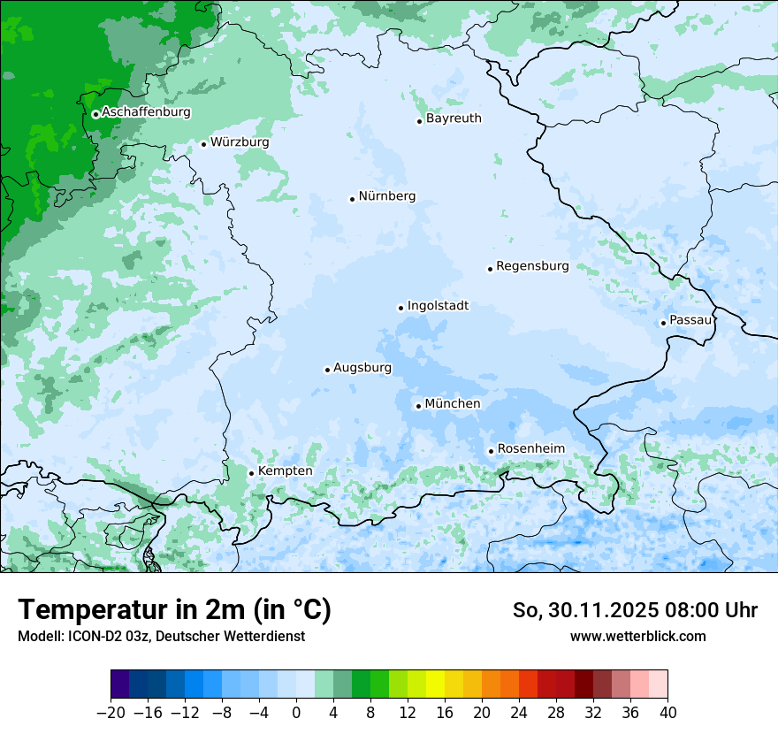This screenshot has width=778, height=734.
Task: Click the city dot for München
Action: point(418,406)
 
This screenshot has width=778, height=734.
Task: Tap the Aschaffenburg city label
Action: point(146,112)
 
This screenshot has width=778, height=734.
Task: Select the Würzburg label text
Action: point(240,142)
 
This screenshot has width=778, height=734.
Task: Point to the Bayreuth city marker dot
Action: point(419,121)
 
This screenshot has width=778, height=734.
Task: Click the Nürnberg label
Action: point(386,196)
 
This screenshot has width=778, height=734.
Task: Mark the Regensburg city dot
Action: point(490,269)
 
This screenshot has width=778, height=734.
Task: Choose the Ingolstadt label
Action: point(438,306)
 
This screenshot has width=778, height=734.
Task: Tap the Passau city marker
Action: point(663,323)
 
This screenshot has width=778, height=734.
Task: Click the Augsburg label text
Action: point(362,368)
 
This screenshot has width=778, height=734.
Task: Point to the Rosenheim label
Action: point(530,449)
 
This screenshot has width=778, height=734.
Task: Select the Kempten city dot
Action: point(251,473)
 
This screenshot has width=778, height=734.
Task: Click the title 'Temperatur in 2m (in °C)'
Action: point(174,610)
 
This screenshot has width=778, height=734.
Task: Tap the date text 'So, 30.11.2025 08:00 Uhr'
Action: point(635,610)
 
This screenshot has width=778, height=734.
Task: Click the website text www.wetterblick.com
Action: point(637,636)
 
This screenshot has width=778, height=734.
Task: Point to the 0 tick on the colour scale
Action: point(296,713)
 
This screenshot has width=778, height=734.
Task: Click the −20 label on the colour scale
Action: point(111,713)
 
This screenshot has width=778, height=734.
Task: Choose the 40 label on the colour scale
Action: point(667,713)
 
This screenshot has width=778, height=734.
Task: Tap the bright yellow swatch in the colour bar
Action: point(435,684)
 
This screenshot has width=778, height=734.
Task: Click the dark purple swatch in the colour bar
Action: point(120,684)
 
